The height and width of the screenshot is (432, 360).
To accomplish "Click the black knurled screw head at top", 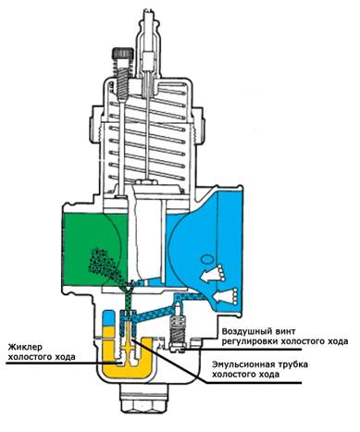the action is coord(123,55).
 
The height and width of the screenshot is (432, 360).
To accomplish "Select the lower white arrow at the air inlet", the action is coord(225,297).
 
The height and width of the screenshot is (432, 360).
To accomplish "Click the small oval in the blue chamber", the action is coord(206,258).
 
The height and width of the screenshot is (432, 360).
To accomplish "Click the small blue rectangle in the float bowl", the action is coord(108,317).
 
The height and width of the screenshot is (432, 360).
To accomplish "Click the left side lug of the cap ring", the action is coord(93,126).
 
